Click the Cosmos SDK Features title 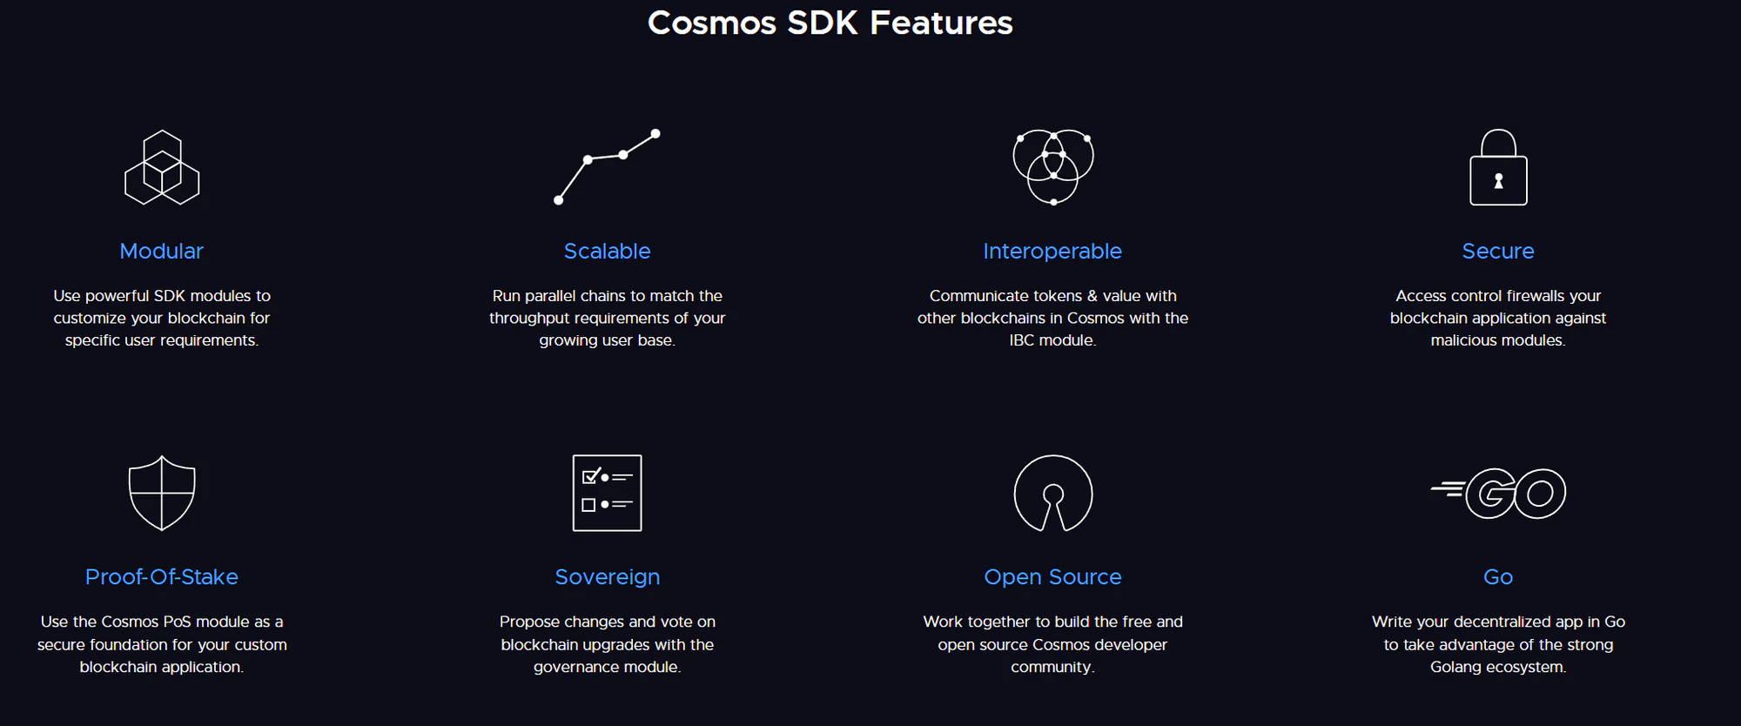click(x=830, y=23)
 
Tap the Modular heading click(x=161, y=251)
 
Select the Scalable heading click(x=607, y=251)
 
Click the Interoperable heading click(x=1052, y=252)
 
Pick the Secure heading click(x=1498, y=251)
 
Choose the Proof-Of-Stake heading click(x=162, y=576)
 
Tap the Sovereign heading click(x=608, y=577)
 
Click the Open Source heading click(x=1052, y=577)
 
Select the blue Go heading click(x=1498, y=576)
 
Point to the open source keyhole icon click(x=1053, y=456)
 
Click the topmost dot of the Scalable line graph click(x=655, y=133)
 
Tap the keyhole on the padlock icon click(x=1498, y=181)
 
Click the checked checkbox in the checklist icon click(x=590, y=476)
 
